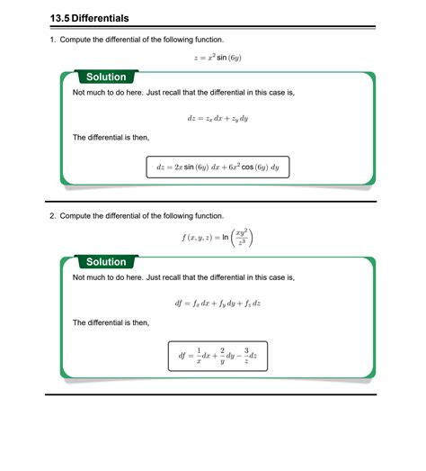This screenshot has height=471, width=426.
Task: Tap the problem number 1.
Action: (x=53, y=40)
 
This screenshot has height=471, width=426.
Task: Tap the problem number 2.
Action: (x=53, y=216)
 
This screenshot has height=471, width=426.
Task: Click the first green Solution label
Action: (x=105, y=77)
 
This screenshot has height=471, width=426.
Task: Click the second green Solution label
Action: (x=105, y=262)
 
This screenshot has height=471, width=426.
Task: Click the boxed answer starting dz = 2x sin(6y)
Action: (x=217, y=168)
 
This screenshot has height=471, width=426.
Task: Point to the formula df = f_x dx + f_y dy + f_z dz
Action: (x=217, y=303)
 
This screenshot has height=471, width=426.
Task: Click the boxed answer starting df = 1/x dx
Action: (x=217, y=356)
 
